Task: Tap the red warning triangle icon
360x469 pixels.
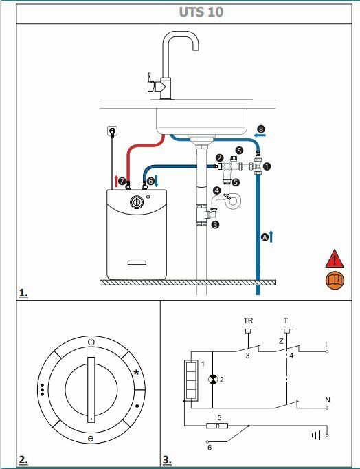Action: pos(335,259)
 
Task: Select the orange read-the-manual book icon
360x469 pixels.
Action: pos(335,281)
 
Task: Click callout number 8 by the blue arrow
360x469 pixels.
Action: pos(260,129)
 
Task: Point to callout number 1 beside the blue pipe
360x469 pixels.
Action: pos(267,166)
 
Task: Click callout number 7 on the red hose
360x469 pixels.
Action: pos(122,182)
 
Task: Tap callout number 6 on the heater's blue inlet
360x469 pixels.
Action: pos(150,182)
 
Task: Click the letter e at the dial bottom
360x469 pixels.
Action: pos(91,438)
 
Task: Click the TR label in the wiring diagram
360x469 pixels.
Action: pos(247,321)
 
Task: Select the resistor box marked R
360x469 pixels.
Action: pos(218,426)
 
